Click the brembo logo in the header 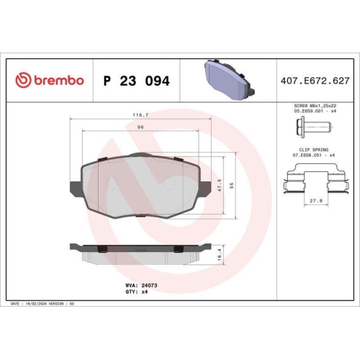point(50,81)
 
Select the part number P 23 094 point(137,81)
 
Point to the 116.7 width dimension point(140,114)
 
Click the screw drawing point(312,130)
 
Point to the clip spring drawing point(315,180)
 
